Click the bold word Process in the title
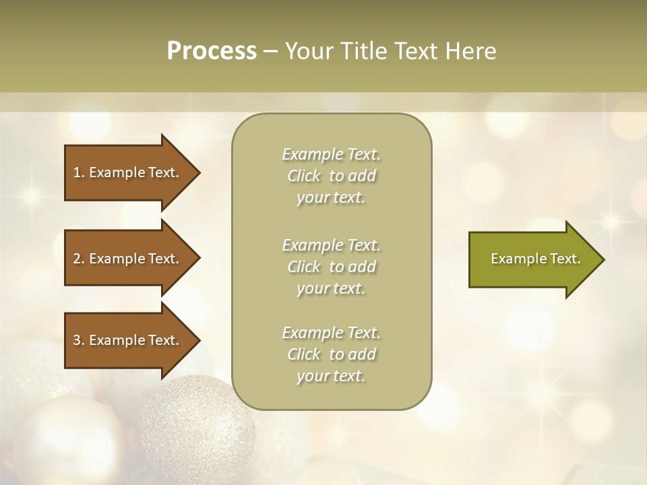pyautogui.click(x=212, y=51)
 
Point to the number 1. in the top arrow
pyautogui.click(x=79, y=172)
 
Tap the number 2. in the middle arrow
pyautogui.click(x=79, y=259)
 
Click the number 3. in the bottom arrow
pyautogui.click(x=79, y=340)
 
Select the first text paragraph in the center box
pyautogui.click(x=331, y=176)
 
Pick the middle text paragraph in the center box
pyautogui.click(x=331, y=267)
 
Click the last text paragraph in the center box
pyautogui.click(x=331, y=354)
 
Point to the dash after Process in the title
pyautogui.click(x=270, y=51)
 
